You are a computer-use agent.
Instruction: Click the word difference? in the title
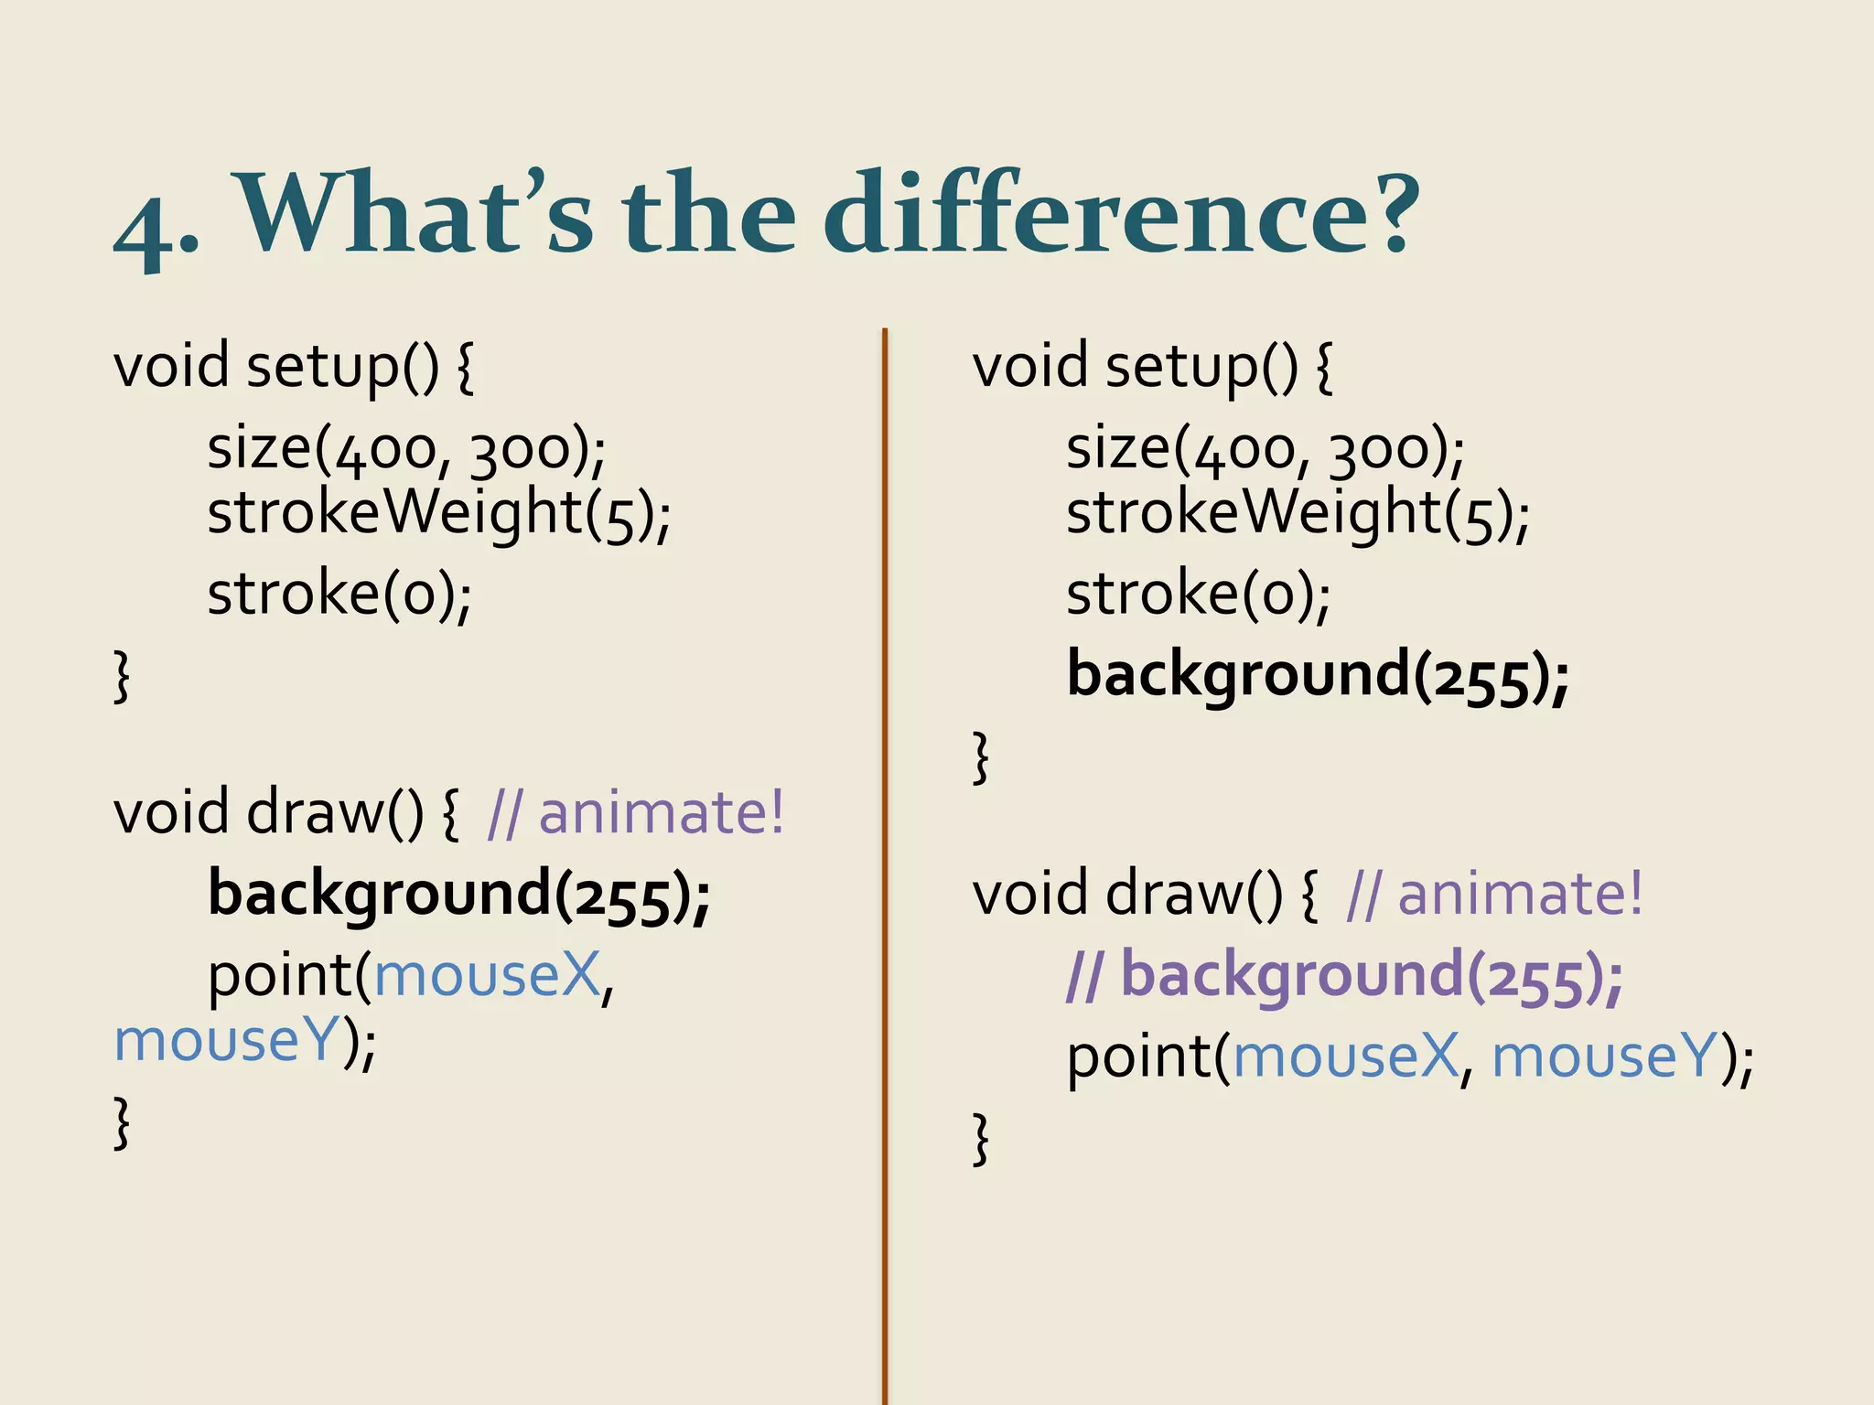[1121, 216]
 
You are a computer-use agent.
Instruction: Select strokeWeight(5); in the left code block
[439, 514]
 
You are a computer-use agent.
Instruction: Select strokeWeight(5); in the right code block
[1298, 514]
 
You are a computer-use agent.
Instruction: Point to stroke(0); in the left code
[339, 595]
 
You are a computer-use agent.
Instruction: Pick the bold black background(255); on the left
[459, 895]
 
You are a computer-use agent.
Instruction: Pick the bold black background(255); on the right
[1318, 676]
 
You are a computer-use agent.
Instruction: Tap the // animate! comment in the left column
[636, 813]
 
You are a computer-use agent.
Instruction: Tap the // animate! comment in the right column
[1495, 895]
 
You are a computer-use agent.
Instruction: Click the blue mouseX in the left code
[487, 976]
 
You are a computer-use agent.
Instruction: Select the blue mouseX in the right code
[1345, 1057]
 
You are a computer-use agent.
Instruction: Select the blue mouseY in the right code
[1603, 1057]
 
